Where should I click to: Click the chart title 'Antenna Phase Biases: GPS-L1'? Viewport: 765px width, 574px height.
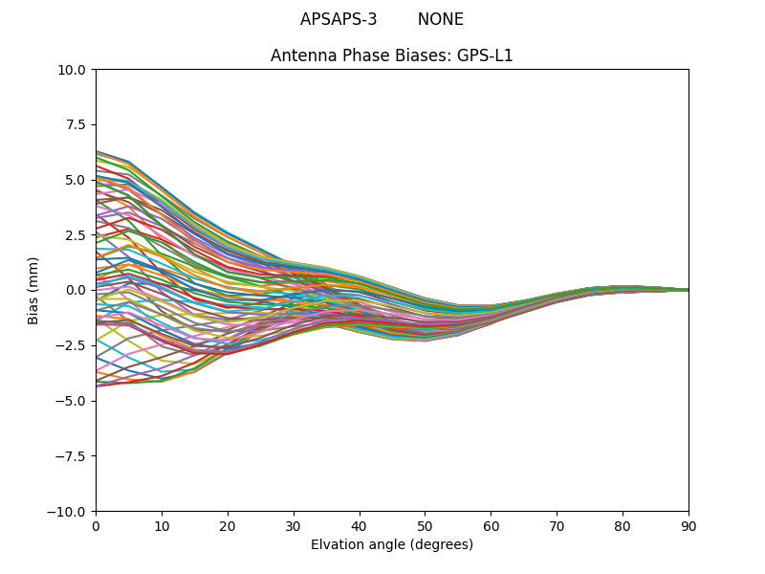point(391,55)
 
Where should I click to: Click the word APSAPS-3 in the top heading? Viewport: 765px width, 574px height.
point(339,19)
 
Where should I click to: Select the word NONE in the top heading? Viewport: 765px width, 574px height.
point(440,19)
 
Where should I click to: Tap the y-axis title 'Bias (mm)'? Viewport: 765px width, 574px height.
point(33,290)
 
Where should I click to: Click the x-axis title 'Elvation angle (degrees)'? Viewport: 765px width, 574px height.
point(391,545)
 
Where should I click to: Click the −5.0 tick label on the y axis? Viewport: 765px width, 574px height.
point(71,401)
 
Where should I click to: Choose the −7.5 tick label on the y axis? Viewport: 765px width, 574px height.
point(71,456)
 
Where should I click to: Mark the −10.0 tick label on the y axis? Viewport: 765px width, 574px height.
point(67,512)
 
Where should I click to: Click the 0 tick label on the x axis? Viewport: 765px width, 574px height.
point(96,526)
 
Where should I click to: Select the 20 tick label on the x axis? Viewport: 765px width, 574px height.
point(228,526)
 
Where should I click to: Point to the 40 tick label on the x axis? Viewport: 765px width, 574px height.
point(360,526)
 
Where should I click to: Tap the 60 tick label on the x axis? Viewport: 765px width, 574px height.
point(491,526)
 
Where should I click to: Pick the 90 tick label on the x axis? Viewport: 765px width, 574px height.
point(688,526)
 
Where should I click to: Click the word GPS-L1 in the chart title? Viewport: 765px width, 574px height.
point(485,55)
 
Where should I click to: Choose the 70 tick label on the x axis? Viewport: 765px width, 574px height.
point(557,526)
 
